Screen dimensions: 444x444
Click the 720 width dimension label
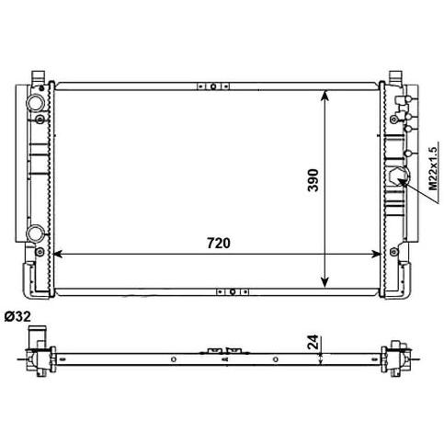tap(219, 243)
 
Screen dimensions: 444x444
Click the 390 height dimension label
tap(313, 180)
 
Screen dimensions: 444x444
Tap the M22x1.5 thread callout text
tap(433, 168)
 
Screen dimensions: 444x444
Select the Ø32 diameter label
tap(17, 316)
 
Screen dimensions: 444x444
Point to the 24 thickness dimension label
tap(313, 342)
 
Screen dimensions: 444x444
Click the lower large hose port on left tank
tap(36, 233)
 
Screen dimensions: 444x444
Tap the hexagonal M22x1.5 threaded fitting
tap(397, 176)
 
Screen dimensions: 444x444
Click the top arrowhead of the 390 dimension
tap(324, 95)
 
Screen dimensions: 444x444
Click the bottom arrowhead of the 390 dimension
tap(324, 283)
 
